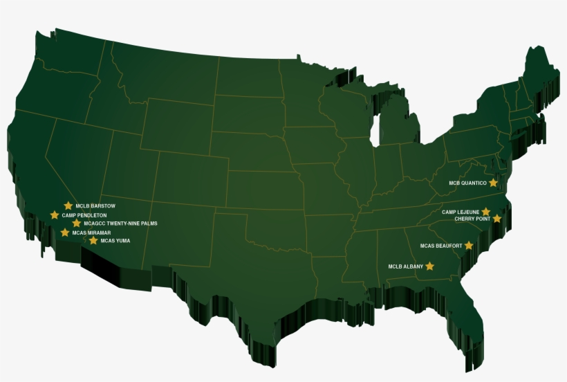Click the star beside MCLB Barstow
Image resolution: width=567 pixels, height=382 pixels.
[x=68, y=206]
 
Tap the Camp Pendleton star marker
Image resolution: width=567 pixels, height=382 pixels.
[x=55, y=215]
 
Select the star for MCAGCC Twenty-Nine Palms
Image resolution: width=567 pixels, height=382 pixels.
[x=76, y=224]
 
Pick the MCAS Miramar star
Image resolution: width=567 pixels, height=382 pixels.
[x=65, y=233]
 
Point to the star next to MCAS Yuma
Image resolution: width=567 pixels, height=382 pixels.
[x=93, y=241]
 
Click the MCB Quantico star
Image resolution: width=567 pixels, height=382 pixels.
[x=493, y=183]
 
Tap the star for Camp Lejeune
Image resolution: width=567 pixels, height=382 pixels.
[x=486, y=212]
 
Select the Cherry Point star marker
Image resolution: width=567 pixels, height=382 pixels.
[x=496, y=219]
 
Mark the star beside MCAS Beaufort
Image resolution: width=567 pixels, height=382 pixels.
[x=469, y=245]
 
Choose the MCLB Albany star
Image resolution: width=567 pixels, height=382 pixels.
[x=429, y=266]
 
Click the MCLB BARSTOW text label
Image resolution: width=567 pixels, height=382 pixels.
[x=95, y=206]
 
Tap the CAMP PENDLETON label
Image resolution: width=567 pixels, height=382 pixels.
[x=84, y=215]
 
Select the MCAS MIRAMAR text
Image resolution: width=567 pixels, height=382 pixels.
[x=91, y=233]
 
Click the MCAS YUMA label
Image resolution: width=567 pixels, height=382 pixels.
[x=115, y=241]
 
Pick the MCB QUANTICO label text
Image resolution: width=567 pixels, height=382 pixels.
[x=467, y=183]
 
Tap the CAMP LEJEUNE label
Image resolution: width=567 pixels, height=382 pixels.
[x=461, y=212]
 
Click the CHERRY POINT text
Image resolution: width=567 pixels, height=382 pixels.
[x=472, y=219]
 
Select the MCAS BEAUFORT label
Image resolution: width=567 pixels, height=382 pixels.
[x=442, y=246]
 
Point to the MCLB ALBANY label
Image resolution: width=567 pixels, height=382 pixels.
[x=405, y=266]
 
